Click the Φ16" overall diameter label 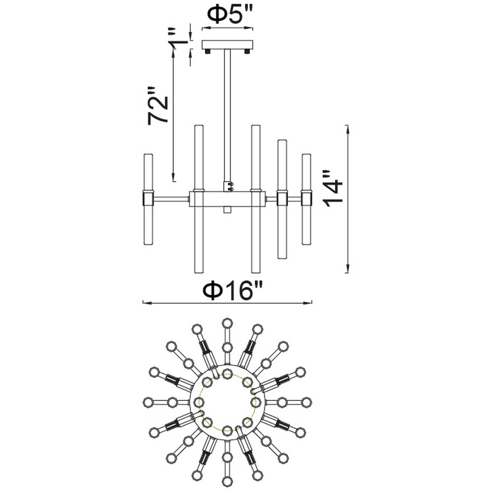click(x=233, y=290)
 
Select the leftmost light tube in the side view click(x=149, y=199)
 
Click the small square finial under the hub click(x=227, y=210)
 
